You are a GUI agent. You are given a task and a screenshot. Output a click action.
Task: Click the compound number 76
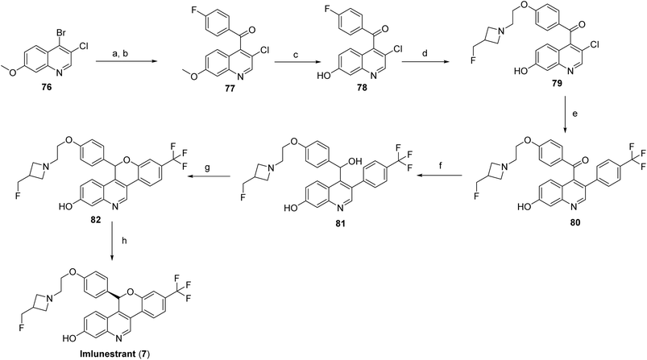47,88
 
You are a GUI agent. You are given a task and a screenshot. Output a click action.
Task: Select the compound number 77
230,88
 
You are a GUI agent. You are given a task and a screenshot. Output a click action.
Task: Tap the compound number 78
362,88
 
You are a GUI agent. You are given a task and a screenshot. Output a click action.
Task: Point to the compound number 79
557,83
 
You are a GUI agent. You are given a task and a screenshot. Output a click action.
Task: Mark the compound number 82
96,220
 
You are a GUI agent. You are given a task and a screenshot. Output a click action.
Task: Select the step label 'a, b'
123,53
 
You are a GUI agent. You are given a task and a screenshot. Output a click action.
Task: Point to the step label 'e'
574,114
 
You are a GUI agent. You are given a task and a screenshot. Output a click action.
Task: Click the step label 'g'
208,168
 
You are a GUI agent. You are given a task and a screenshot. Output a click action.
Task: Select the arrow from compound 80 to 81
439,176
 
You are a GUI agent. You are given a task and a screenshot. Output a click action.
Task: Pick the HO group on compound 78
323,76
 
